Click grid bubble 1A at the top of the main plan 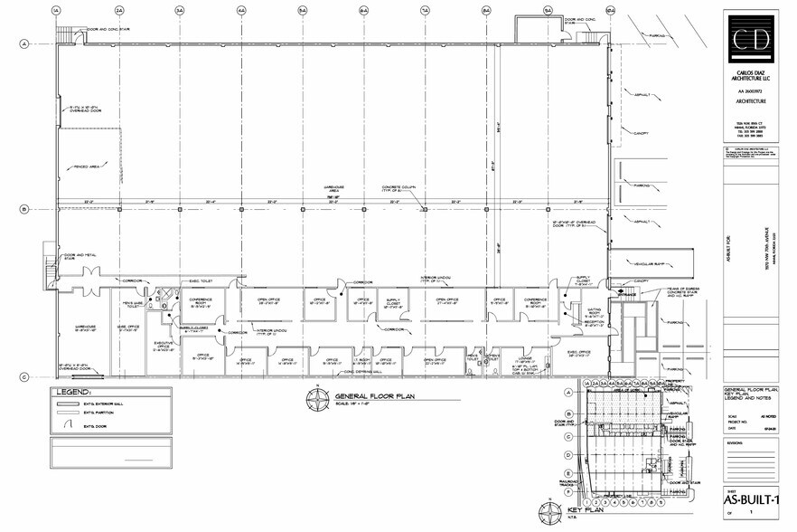pyautogui.click(x=56, y=10)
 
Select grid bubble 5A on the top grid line pyautogui.click(x=303, y=10)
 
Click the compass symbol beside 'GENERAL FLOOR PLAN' pyautogui.click(x=318, y=396)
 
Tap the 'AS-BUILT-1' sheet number pyautogui.click(x=751, y=499)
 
